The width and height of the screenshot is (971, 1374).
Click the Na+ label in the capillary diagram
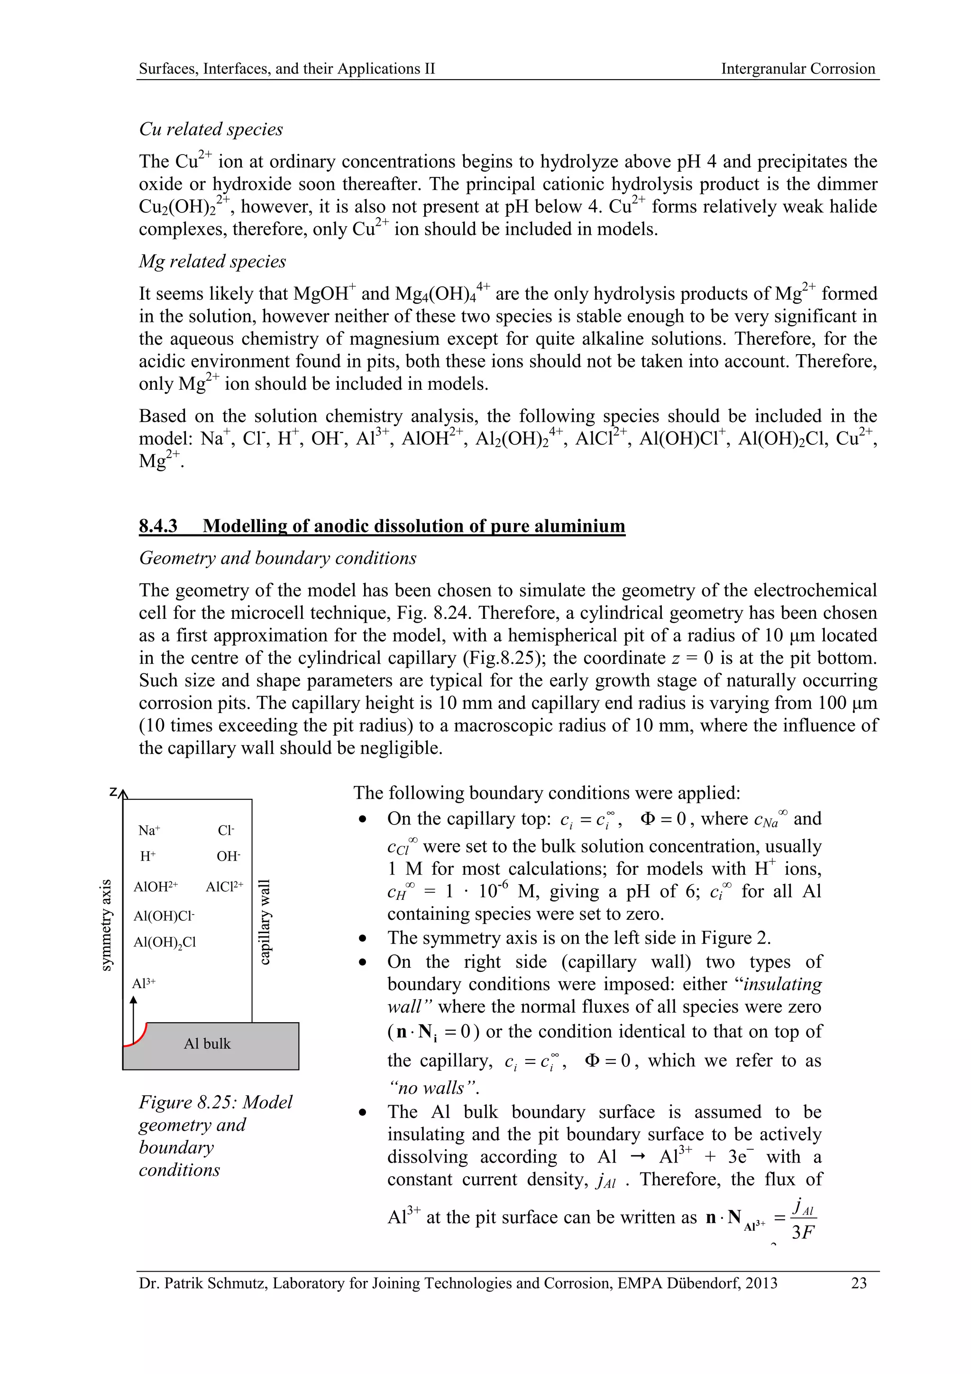[148, 830]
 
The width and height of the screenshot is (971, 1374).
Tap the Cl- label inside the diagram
[226, 830]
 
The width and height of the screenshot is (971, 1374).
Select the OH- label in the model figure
[228, 856]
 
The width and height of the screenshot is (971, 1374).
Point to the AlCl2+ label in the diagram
[224, 886]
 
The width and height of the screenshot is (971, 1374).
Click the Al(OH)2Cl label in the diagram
[165, 942]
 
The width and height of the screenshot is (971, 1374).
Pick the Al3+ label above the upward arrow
[144, 983]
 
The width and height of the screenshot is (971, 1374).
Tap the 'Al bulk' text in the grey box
[207, 1044]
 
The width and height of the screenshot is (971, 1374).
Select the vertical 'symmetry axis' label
[106, 925]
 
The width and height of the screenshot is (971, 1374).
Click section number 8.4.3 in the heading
[158, 525]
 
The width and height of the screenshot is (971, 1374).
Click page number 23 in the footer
[859, 1283]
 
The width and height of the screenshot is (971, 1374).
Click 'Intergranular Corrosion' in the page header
[797, 69]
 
